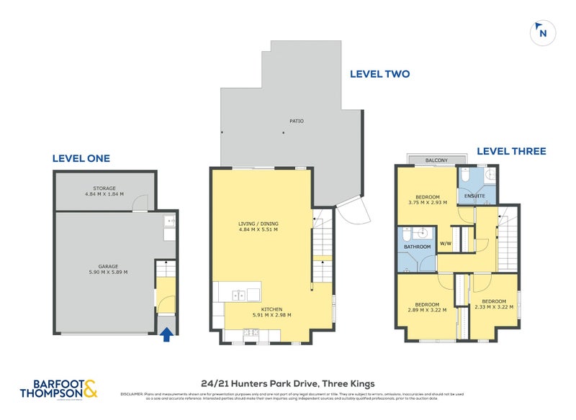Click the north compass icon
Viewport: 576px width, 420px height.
pos(543,32)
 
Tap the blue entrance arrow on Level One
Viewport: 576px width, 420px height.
pos(167,333)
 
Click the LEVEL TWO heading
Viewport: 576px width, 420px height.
pos(379,73)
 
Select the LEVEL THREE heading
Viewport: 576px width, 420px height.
pos(511,151)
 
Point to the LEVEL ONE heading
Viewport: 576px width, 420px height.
pos(81,158)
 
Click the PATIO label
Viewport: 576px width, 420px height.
pos(296,121)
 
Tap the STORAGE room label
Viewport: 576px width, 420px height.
pos(105,188)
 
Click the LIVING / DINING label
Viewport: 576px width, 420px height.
pos(258,224)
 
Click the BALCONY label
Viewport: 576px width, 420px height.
pos(436,160)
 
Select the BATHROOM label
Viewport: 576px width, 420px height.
pos(417,247)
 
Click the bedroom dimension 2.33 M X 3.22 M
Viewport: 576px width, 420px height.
pos(494,307)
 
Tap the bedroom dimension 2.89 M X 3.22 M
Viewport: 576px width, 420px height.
pos(428,311)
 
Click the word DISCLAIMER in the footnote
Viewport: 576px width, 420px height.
pos(132,394)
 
